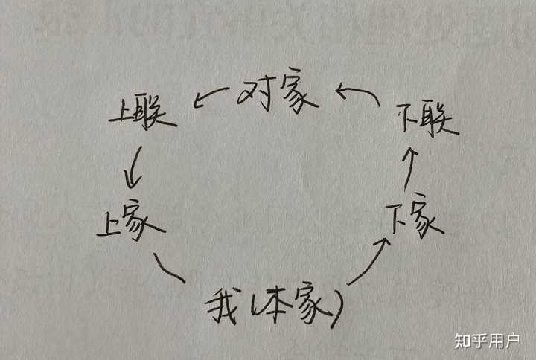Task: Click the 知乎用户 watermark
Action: (x=487, y=340)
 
